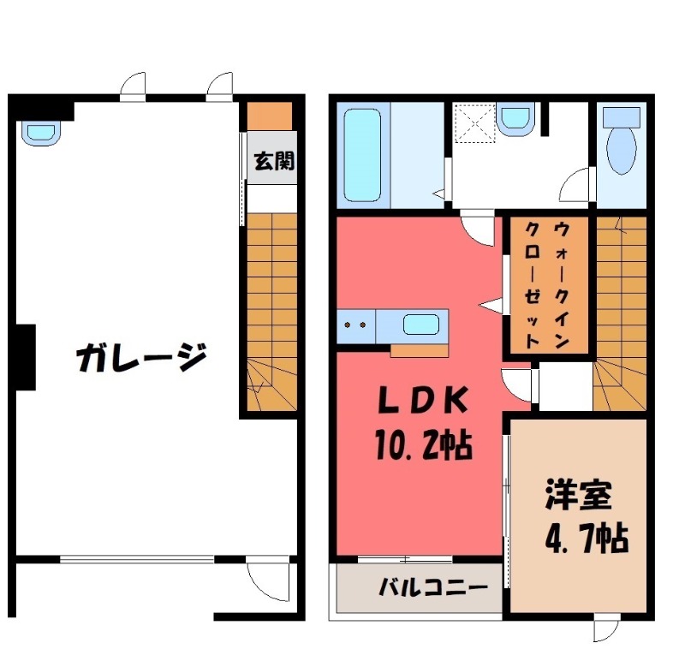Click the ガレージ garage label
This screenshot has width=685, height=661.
click(x=141, y=358)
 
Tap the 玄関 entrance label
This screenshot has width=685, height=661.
click(x=273, y=161)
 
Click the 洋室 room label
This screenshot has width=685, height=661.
click(x=578, y=496)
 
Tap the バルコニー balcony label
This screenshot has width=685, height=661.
click(x=433, y=588)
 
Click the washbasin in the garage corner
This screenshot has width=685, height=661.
click(x=40, y=133)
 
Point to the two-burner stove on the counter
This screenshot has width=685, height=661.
click(x=356, y=325)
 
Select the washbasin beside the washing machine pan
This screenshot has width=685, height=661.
click(x=515, y=117)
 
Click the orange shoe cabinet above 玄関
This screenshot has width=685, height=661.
click(x=271, y=115)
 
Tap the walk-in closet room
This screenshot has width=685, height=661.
click(x=549, y=284)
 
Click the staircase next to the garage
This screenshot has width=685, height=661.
click(x=271, y=308)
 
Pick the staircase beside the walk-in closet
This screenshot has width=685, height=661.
click(x=620, y=308)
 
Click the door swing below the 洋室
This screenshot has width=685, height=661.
click(x=606, y=629)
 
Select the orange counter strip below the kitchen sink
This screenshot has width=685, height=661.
click(x=419, y=349)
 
